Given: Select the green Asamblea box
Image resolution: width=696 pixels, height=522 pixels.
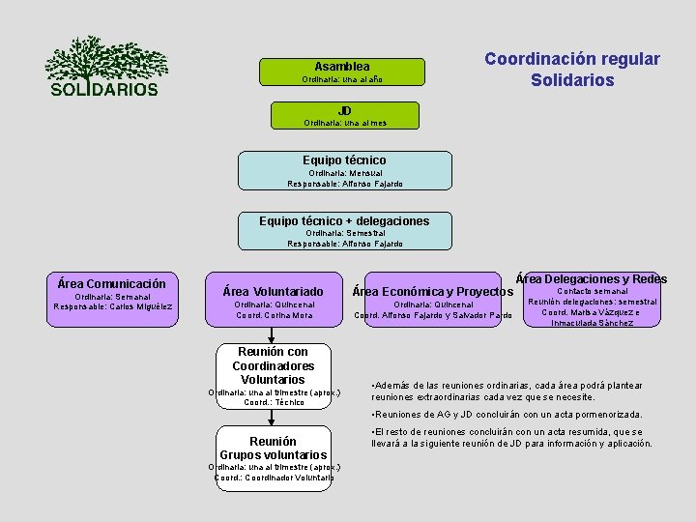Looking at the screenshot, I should click(x=341, y=71).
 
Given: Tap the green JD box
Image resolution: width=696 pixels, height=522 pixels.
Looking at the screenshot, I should click(x=344, y=116).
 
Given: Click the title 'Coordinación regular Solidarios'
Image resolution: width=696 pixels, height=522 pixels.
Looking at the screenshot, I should click(x=572, y=70).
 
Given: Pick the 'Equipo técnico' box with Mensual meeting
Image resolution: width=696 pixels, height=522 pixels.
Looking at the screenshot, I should click(x=344, y=170).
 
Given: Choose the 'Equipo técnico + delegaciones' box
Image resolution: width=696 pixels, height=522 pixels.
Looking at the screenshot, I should click(x=344, y=231).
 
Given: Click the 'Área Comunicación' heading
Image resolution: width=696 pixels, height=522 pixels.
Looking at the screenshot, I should click(x=112, y=284).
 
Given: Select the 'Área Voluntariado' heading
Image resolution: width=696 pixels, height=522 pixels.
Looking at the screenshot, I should click(x=274, y=291).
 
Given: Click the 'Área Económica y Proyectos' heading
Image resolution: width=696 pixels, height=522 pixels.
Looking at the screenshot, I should click(x=432, y=291).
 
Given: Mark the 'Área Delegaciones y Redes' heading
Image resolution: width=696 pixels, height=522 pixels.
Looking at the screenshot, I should click(x=592, y=279).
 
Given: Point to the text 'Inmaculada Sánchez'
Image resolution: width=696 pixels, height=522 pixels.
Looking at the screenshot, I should click(x=592, y=323).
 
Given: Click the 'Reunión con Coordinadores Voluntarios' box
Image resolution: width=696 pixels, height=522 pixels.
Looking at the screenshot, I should click(x=274, y=366).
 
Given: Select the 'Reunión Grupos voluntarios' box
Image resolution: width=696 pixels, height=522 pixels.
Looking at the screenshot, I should click(x=274, y=448).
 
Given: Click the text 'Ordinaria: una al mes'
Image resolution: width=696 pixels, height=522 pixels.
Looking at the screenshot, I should click(x=344, y=124).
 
